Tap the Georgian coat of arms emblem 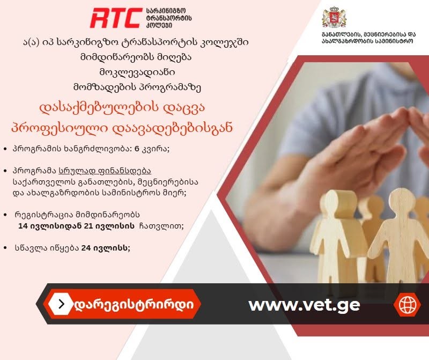tap(334, 17)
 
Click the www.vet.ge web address tap(304, 305)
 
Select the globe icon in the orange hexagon tap(407, 304)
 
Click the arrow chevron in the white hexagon tap(62, 304)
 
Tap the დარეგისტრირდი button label tap(134, 304)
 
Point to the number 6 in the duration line tap(137, 149)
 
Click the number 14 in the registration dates tap(23, 226)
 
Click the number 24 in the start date tap(86, 248)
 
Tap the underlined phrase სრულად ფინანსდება tap(105, 171)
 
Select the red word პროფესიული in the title tap(59, 128)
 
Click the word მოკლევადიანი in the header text tap(137, 72)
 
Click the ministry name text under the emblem tap(368, 38)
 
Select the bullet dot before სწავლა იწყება tap(5, 248)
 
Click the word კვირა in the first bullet tap(155, 149)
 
